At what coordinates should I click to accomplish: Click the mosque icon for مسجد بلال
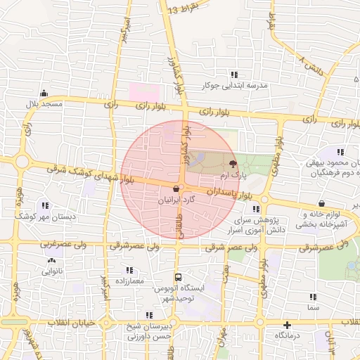44,93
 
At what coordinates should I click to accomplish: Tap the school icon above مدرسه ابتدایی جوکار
235,75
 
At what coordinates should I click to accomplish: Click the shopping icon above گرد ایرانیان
175,188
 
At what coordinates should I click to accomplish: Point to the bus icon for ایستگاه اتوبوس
178,277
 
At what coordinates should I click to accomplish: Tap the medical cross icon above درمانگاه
287,325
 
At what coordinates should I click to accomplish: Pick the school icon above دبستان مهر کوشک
45,205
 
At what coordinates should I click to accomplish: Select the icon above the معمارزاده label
129,270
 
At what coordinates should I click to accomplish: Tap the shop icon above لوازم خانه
321,203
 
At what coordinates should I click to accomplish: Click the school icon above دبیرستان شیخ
149,315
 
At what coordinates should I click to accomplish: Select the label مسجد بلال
45,104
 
